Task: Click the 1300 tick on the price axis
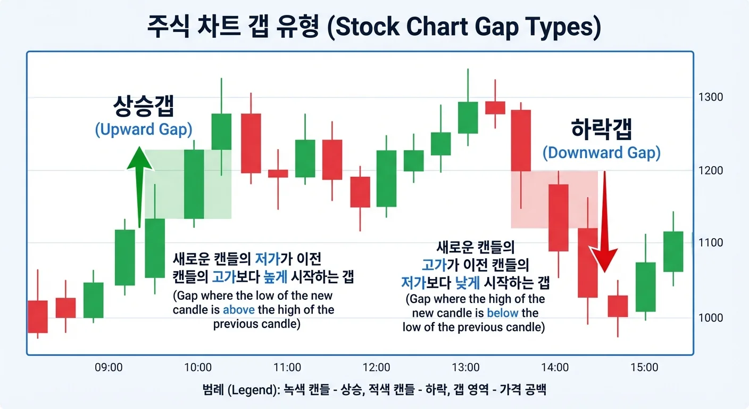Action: tap(711, 97)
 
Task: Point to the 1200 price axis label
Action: tap(711, 170)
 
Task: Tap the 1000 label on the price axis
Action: tap(711, 318)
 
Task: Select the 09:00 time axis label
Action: tap(109, 367)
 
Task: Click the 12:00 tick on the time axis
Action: tap(376, 367)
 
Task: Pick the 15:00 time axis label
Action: tap(644, 367)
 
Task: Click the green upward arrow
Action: tap(139, 181)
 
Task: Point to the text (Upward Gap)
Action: tap(144, 129)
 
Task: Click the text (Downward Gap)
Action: tap(601, 153)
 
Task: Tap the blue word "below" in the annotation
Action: tap(502, 313)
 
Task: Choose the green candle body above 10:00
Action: tap(194, 184)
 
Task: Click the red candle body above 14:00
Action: tap(559, 217)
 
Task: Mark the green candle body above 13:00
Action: tap(468, 117)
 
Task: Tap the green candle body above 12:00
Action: tap(386, 178)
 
